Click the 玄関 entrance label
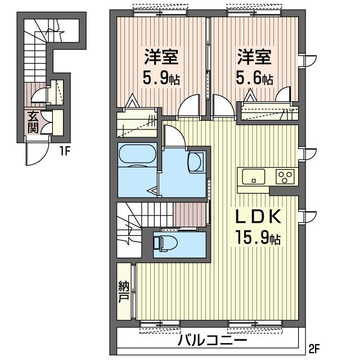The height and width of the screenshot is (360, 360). (33, 123)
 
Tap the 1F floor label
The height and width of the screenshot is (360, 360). (65, 151)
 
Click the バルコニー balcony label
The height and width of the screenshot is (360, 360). (213, 340)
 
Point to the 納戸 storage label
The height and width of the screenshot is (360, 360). (124, 291)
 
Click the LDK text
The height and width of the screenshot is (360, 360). (259, 217)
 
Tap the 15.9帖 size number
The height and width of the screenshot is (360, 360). (258, 238)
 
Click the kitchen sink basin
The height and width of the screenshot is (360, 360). (254, 177)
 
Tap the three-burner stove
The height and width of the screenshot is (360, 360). (285, 176)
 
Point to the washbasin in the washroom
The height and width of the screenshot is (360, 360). (196, 162)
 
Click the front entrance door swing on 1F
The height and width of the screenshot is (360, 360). (38, 151)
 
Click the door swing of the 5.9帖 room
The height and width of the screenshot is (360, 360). (189, 107)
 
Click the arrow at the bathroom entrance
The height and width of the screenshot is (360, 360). (153, 190)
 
